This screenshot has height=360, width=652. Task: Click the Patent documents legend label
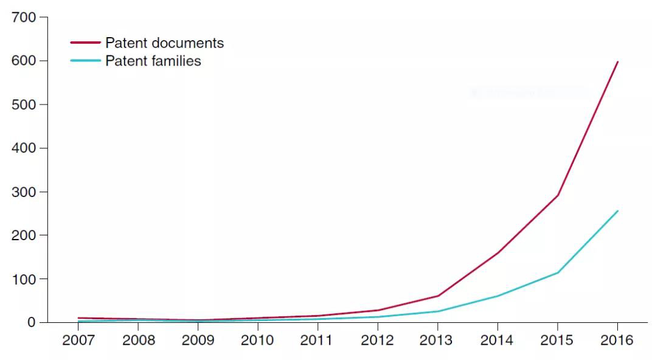(164, 43)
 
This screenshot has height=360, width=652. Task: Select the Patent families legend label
(153, 61)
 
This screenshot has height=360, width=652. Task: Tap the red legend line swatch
(86, 43)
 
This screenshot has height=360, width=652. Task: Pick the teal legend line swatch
(86, 60)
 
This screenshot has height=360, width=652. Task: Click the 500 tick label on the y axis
(24, 105)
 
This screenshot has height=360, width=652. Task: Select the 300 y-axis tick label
(24, 192)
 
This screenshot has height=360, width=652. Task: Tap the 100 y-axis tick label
(24, 279)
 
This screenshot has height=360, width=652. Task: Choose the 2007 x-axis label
(78, 340)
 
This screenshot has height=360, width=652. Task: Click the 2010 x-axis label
(258, 340)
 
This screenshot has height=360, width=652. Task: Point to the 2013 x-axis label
(437, 340)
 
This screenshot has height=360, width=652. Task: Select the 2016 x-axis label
(617, 340)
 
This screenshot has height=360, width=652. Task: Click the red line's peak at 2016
(617, 61)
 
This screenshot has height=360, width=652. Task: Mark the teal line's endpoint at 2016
(617, 211)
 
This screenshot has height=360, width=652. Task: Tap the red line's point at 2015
(557, 195)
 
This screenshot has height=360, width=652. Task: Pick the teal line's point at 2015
(557, 272)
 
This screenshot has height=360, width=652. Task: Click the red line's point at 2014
(498, 252)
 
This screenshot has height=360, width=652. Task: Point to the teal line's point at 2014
(498, 296)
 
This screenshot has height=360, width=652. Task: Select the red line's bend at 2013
(437, 296)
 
